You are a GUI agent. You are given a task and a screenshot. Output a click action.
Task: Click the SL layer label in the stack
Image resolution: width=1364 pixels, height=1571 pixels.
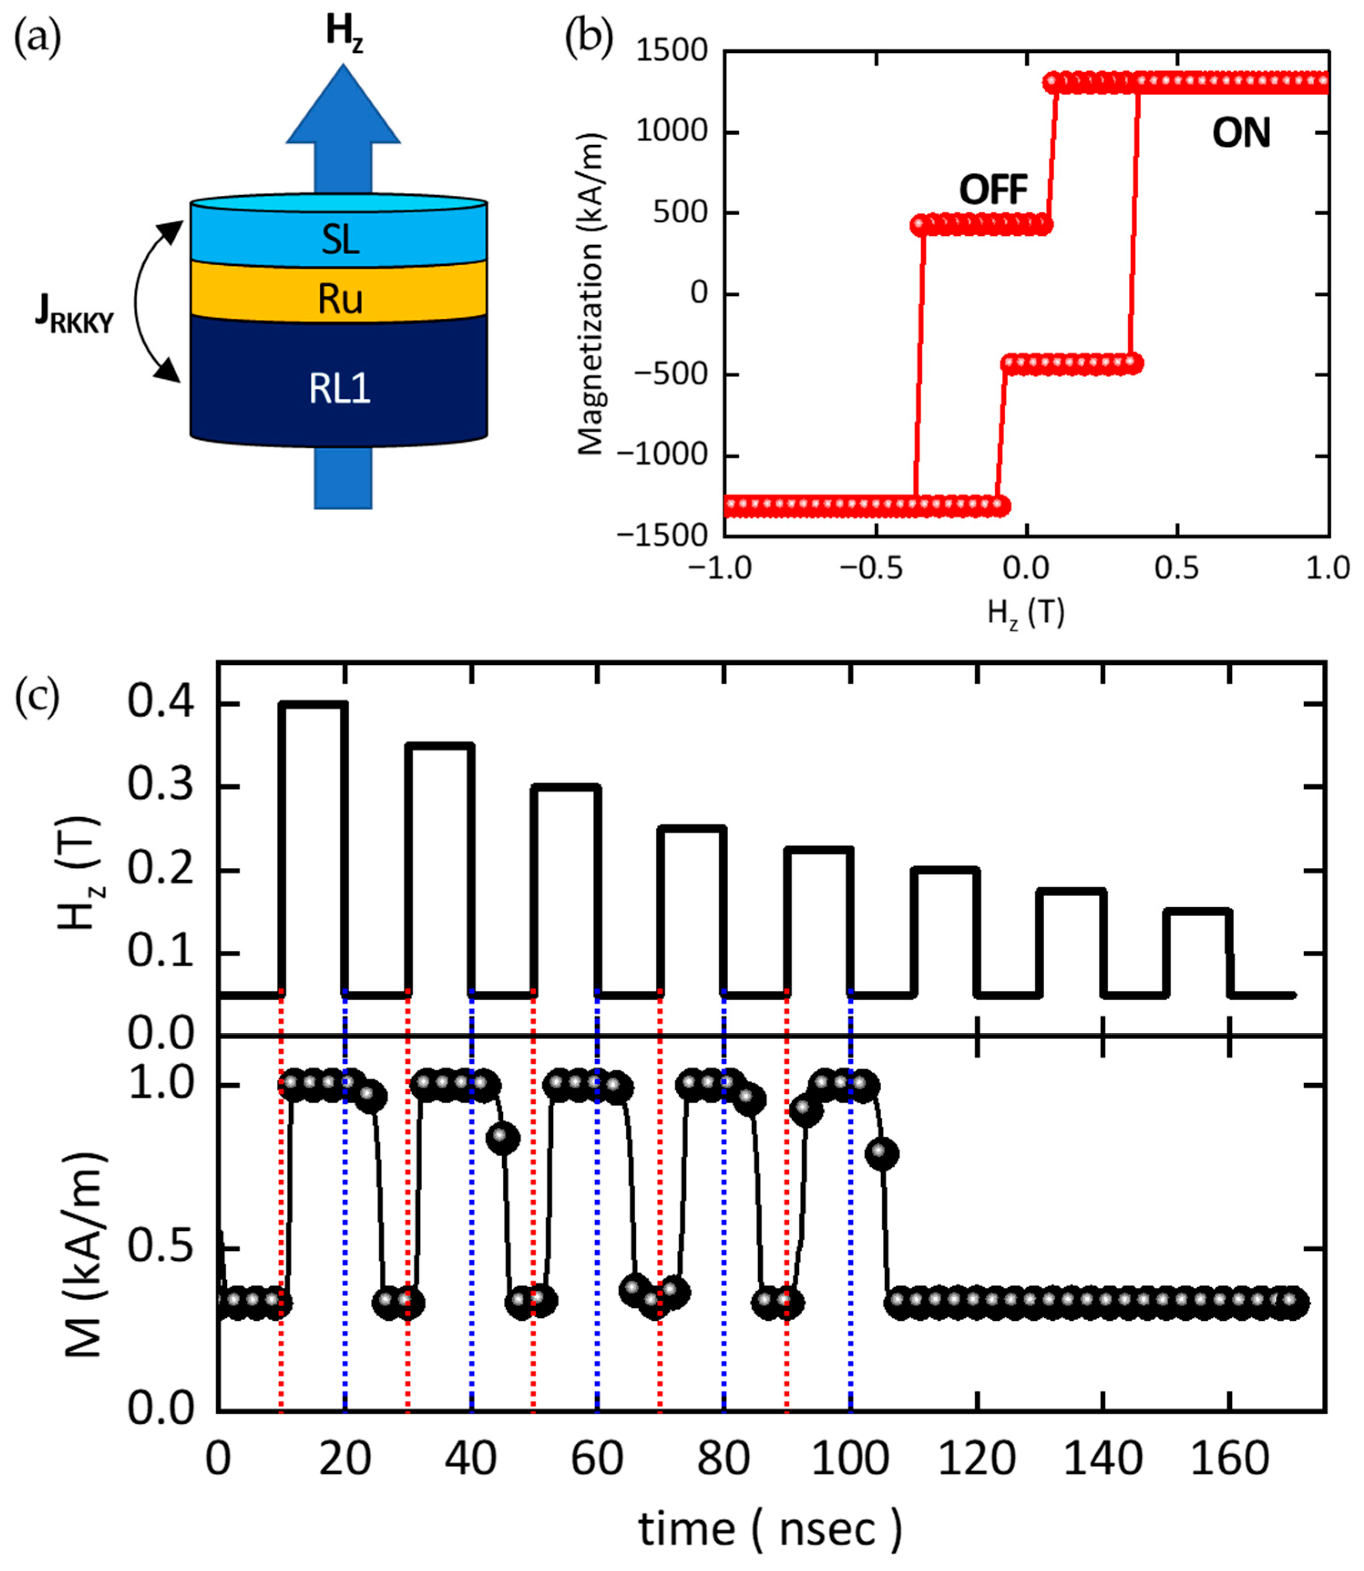click(x=339, y=241)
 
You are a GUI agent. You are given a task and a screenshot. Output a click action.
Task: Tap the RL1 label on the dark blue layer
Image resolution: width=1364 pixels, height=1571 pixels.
click(x=339, y=389)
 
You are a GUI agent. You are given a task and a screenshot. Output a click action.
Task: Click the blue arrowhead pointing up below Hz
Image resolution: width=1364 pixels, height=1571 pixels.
click(x=342, y=107)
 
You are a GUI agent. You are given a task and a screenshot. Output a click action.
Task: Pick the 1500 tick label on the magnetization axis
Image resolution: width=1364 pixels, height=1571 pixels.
click(x=672, y=52)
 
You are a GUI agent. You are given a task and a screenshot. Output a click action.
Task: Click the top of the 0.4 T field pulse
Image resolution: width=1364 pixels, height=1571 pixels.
click(x=313, y=703)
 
